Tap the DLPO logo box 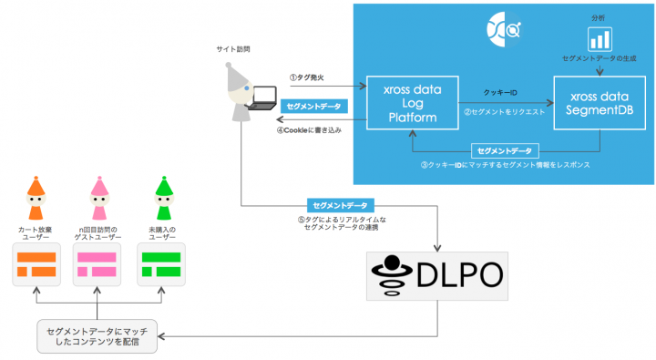point(441,275)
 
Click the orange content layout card point(36,265)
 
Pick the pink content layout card point(97,265)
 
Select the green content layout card point(161,265)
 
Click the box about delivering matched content point(97,336)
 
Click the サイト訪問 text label point(234,46)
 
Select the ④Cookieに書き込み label point(309,129)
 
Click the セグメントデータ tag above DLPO point(341,205)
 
